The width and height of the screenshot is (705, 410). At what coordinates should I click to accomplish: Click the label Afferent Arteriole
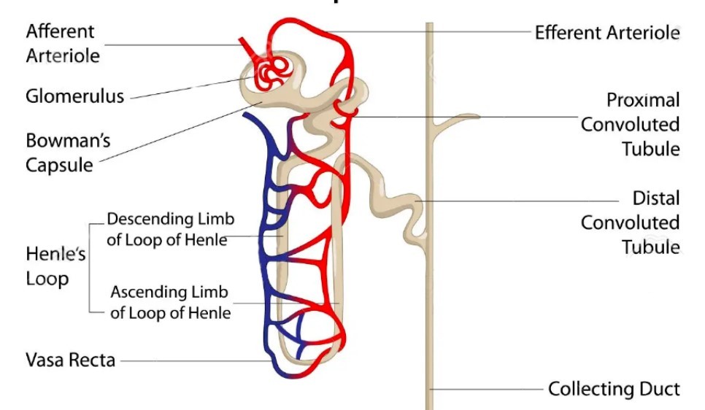[63, 43]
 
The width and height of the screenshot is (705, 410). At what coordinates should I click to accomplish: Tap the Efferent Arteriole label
[607, 33]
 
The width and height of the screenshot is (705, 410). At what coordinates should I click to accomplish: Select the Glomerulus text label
[74, 96]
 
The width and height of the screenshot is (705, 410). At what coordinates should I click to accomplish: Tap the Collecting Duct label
[614, 389]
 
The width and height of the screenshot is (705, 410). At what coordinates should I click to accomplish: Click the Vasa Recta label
[70, 360]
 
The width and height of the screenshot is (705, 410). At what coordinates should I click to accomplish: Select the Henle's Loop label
[47, 266]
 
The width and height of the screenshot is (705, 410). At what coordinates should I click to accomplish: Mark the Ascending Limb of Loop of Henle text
[170, 302]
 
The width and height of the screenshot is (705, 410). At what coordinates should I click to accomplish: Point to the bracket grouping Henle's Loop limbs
[90, 266]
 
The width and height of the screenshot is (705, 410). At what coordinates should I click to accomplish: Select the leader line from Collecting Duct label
[489, 389]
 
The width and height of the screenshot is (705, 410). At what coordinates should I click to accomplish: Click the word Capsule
[60, 165]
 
